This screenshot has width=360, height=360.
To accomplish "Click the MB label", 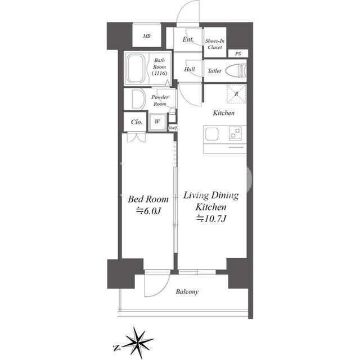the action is (147, 36).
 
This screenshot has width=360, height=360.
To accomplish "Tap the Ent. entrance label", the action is (188, 39).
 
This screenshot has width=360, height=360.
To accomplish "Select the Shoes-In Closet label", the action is (215, 44).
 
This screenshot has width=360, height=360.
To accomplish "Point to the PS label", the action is (238, 54).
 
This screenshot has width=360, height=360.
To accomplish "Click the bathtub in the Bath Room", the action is (136, 69).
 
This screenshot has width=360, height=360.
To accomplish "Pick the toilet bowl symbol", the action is (236, 70).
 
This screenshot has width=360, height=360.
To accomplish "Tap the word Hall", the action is (190, 69).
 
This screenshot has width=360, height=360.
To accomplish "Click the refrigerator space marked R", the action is (236, 94).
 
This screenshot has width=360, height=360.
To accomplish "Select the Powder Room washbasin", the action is (138, 99).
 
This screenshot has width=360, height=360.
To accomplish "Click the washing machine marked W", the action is (157, 122).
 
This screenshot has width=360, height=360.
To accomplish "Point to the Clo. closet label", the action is (137, 122).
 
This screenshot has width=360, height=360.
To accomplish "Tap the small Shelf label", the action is (173, 128).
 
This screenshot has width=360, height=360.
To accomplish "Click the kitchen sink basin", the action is (211, 134).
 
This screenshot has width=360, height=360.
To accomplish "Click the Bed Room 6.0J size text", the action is (148, 210).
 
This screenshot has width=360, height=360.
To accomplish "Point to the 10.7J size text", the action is (211, 219).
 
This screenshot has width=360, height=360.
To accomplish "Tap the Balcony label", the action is (187, 292).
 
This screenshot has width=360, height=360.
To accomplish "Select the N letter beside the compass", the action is (117, 348).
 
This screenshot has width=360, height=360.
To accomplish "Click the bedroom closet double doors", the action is (136, 137).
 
